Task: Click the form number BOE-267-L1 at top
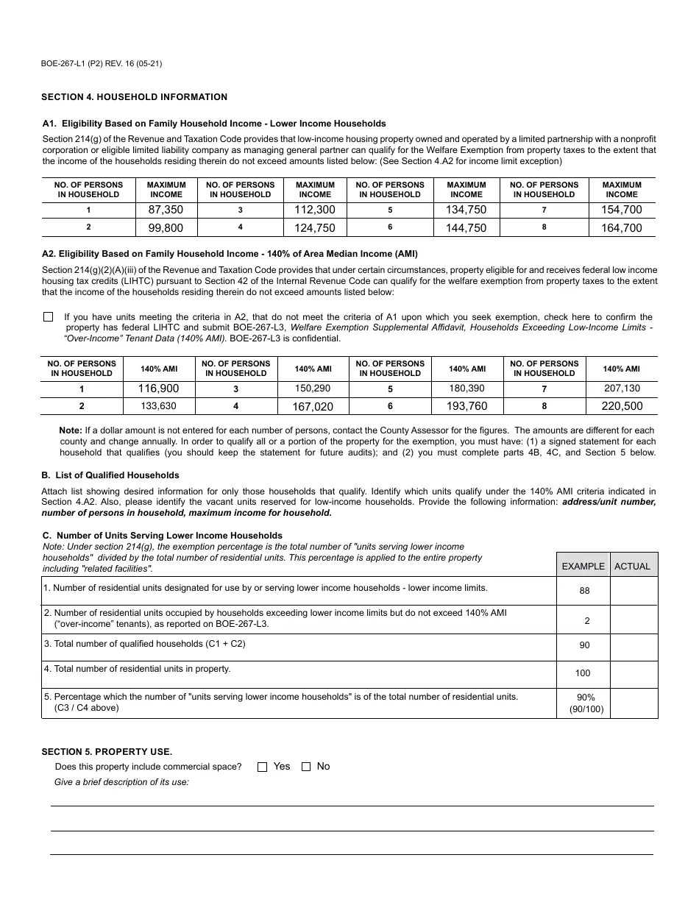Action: pyautogui.click(x=102, y=63)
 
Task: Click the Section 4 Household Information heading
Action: pyautogui.click(x=134, y=97)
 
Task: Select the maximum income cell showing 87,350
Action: pyautogui.click(x=166, y=210)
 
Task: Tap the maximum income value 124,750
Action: pyautogui.click(x=315, y=228)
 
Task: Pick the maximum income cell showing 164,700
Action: pyautogui.click(x=622, y=228)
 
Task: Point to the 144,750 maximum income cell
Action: pyautogui.click(x=466, y=228)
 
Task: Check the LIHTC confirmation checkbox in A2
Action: pyautogui.click(x=49, y=317)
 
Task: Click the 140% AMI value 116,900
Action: pyautogui.click(x=159, y=388)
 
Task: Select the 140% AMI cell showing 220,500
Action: pyautogui.click(x=622, y=406)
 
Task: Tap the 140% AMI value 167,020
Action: pyautogui.click(x=313, y=407)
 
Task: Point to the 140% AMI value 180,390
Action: pyautogui.click(x=467, y=388)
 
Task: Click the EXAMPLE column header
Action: pyautogui.click(x=583, y=566)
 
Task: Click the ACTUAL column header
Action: pyautogui.click(x=633, y=566)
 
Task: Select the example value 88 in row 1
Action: pyautogui.click(x=584, y=591)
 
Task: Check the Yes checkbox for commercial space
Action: pyautogui.click(x=263, y=767)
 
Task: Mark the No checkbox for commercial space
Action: pyautogui.click(x=306, y=767)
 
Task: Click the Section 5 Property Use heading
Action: pyautogui.click(x=107, y=751)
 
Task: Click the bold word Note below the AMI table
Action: pyautogui.click(x=71, y=430)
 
